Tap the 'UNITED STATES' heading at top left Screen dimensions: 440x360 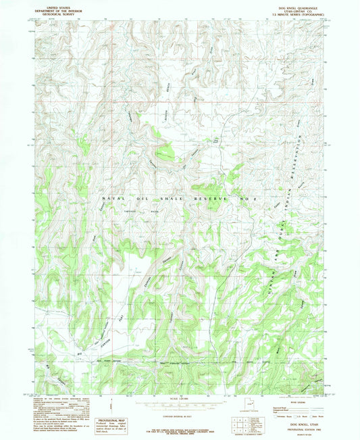point(53,6)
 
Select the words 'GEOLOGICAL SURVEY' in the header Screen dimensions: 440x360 point(53,13)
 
